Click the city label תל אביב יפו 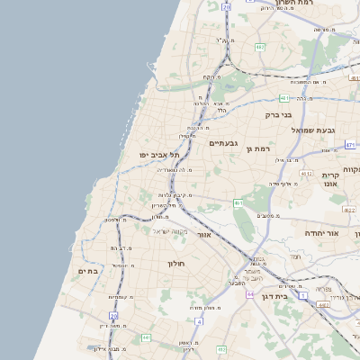point(156,155)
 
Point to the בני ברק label point(281,114)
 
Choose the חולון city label point(175,264)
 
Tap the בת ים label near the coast point(87,269)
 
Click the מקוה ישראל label point(166,231)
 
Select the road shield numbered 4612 point(306,174)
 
